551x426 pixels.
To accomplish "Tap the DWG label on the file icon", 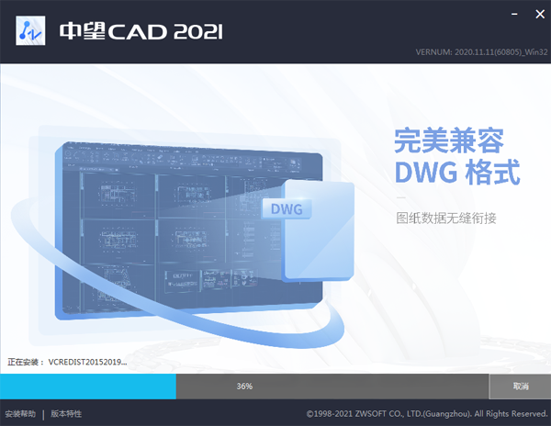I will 287,209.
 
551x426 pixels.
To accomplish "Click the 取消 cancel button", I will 520,387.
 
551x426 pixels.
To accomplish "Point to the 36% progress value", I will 244,387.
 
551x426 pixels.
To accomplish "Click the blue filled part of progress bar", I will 88,387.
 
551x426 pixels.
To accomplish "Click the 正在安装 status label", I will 25,362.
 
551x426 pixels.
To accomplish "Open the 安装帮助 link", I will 20,414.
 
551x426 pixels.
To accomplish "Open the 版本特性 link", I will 66,414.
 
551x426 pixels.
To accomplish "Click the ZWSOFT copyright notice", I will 426,414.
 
